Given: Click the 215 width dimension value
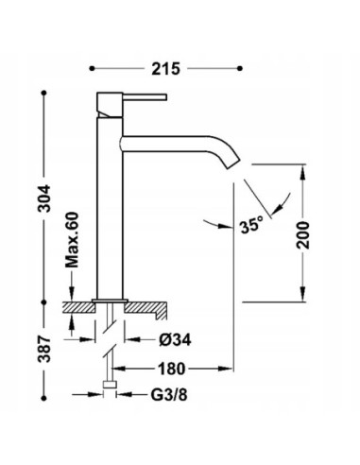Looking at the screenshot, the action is pyautogui.click(x=165, y=69).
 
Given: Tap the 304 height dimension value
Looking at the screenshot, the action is pyautogui.click(x=44, y=198).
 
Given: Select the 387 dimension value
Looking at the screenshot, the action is pyautogui.click(x=44, y=349).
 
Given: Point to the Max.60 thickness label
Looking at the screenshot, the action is pyautogui.click(x=72, y=240).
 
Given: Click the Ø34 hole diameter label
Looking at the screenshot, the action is pyautogui.click(x=175, y=340).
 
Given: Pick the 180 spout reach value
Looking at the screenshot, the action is pyautogui.click(x=171, y=369).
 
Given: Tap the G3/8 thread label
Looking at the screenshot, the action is pyautogui.click(x=169, y=395).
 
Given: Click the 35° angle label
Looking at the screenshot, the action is pyautogui.click(x=251, y=225).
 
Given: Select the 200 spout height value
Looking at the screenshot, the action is pyautogui.click(x=303, y=235).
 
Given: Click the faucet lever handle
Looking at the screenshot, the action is pyautogui.click(x=145, y=96).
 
